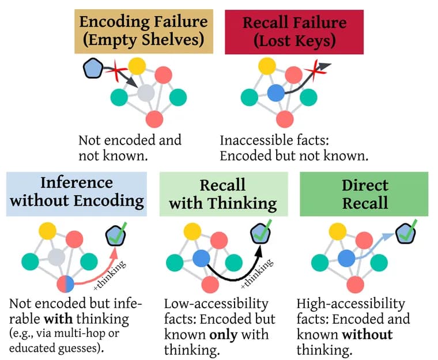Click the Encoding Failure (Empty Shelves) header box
144,31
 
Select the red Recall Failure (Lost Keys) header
294,32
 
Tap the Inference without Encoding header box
77,194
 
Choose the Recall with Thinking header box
224,194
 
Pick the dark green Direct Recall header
364,194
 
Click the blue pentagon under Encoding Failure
93,68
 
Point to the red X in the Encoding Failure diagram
116,71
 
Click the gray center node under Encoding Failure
146,93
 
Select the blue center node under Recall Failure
276,93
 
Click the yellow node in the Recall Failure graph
267,66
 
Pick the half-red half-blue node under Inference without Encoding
65,285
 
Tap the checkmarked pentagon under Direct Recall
406,233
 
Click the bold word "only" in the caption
224,335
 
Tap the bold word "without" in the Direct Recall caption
368,334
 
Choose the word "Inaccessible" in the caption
256,140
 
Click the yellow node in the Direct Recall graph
338,232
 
